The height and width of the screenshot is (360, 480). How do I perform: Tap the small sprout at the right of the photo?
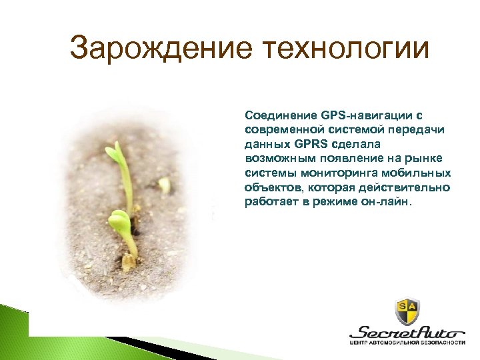click(165, 185)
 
